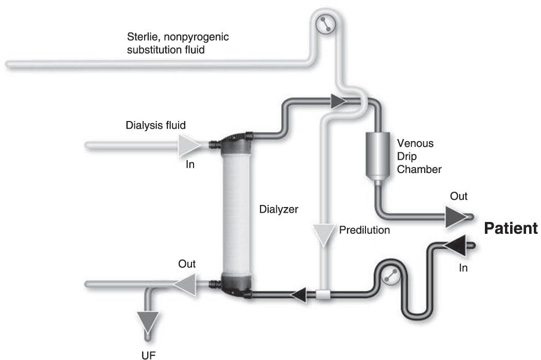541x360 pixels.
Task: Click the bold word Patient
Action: [x=511, y=229]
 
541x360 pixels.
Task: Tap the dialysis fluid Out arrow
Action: [x=185, y=282]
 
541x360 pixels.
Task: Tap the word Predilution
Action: [x=364, y=230]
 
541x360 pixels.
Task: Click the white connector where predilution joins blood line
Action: [x=323, y=296]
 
